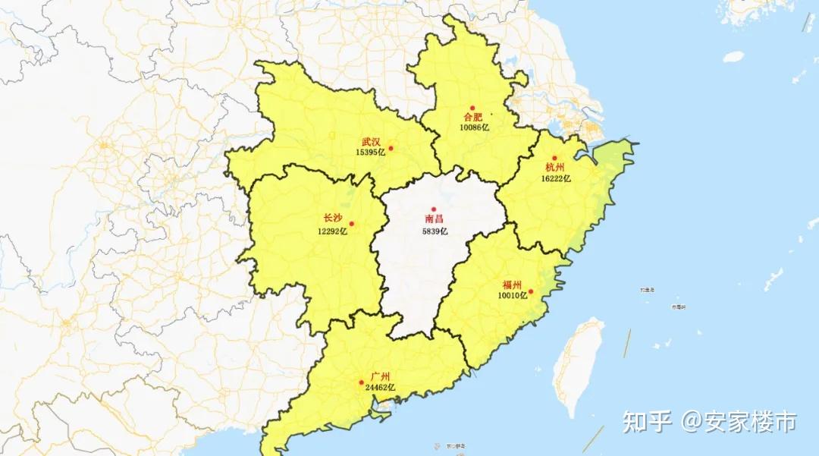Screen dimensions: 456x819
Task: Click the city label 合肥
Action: pos(473,118)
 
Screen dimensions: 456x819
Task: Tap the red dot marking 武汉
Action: pos(391,148)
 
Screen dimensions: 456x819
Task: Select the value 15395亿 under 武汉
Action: pos(371,152)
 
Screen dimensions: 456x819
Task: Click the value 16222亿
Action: pos(556,178)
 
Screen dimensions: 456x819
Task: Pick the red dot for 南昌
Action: pos(435,209)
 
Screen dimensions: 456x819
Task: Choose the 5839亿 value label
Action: pos(435,231)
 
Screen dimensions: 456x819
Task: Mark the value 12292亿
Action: pos(333,229)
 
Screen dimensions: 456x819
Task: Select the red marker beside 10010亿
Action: pos(531,291)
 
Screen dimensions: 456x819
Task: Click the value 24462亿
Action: pos(380,387)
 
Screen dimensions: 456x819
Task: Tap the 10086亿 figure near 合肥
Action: pos(474,127)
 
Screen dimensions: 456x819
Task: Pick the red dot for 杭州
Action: pos(554,158)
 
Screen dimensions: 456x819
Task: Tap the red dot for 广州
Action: pos(361,382)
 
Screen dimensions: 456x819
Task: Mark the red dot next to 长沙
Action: pos(351,224)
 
